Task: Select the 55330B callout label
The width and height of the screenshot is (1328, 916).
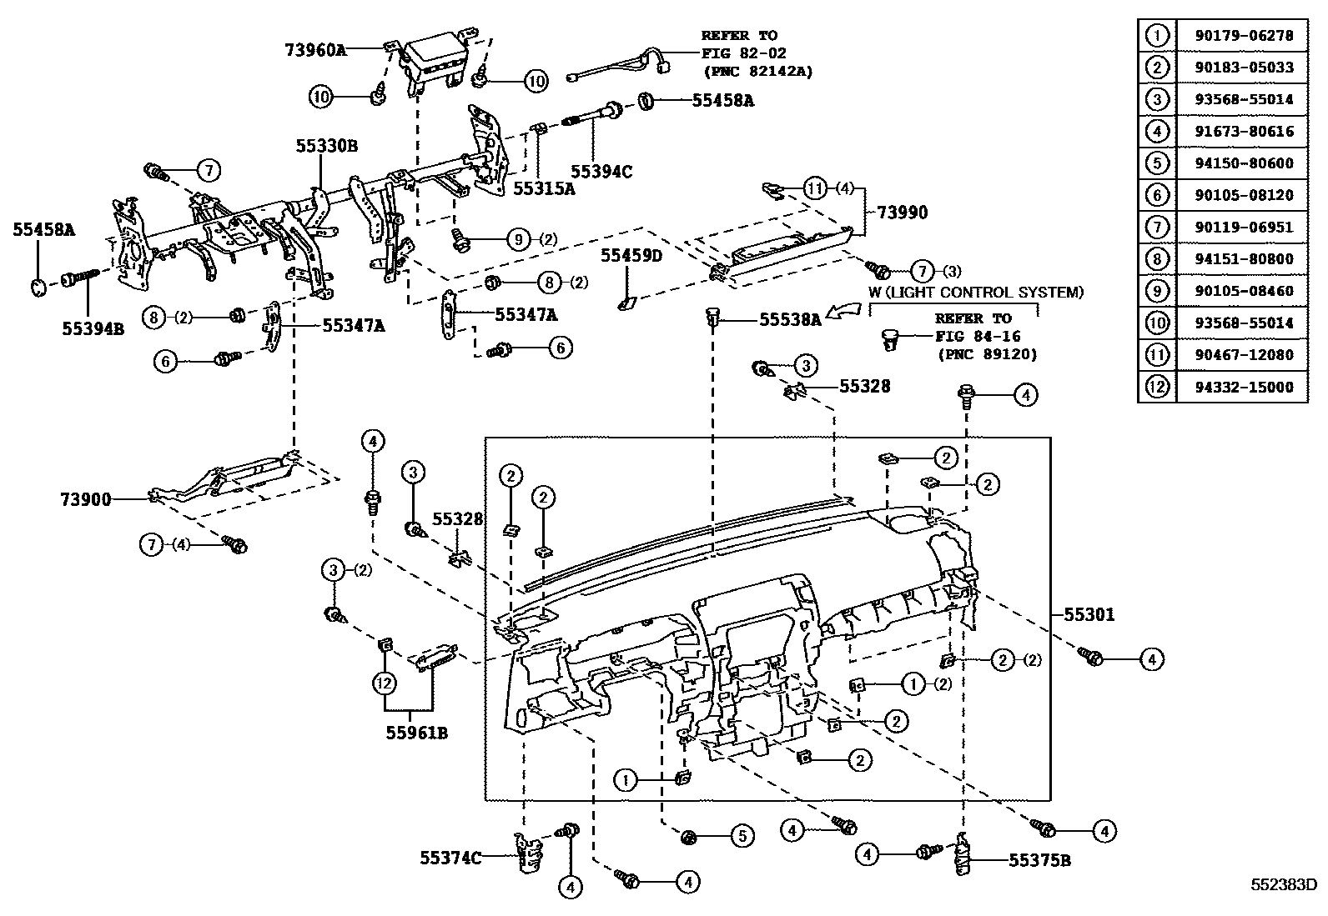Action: click(x=326, y=145)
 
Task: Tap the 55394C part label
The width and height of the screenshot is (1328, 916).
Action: click(x=601, y=172)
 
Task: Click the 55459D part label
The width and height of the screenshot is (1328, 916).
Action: click(x=631, y=255)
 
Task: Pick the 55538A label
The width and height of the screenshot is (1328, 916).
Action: click(x=790, y=318)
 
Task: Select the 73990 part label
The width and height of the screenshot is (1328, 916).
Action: click(x=902, y=213)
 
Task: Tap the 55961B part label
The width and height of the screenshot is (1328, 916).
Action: click(x=417, y=733)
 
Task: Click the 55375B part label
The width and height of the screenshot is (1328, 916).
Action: click(x=1039, y=859)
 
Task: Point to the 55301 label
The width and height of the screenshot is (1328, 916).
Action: click(x=1089, y=615)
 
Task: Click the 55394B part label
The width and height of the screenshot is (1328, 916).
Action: click(x=93, y=329)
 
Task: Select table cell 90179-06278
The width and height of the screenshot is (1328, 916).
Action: click(x=1242, y=35)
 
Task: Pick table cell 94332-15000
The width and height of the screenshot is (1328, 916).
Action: click(x=1242, y=387)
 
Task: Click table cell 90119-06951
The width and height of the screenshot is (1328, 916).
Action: click(x=1242, y=227)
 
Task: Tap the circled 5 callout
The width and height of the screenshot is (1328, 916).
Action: click(x=742, y=834)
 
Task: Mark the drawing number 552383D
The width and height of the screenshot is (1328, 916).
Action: click(x=1282, y=884)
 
